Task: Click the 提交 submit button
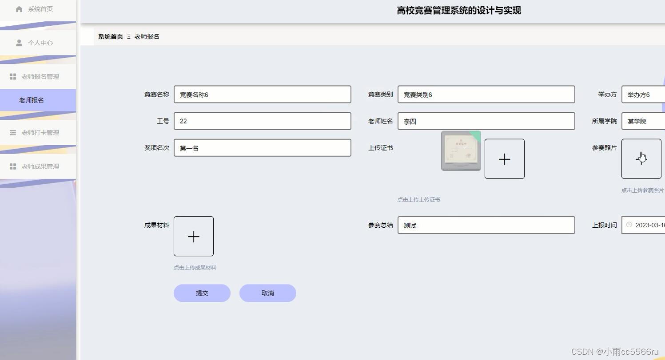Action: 202,293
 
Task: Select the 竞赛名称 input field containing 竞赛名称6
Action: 262,95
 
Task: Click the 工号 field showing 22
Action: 262,121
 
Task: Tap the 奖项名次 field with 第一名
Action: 262,148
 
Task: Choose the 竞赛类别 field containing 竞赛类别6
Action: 486,95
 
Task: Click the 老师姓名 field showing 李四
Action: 486,121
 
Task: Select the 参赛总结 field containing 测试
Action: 486,225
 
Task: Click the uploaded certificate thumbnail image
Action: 461,151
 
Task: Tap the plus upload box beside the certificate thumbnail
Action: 504,159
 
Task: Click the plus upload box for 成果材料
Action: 193,236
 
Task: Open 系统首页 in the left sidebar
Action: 40,9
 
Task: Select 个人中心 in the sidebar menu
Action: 40,43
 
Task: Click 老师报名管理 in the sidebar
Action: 40,76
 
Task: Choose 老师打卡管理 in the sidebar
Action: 40,132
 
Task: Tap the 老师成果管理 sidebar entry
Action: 40,166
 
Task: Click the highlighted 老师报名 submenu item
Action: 32,100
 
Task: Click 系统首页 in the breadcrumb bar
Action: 110,36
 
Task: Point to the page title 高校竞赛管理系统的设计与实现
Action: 458,10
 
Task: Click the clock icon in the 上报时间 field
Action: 629,225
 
